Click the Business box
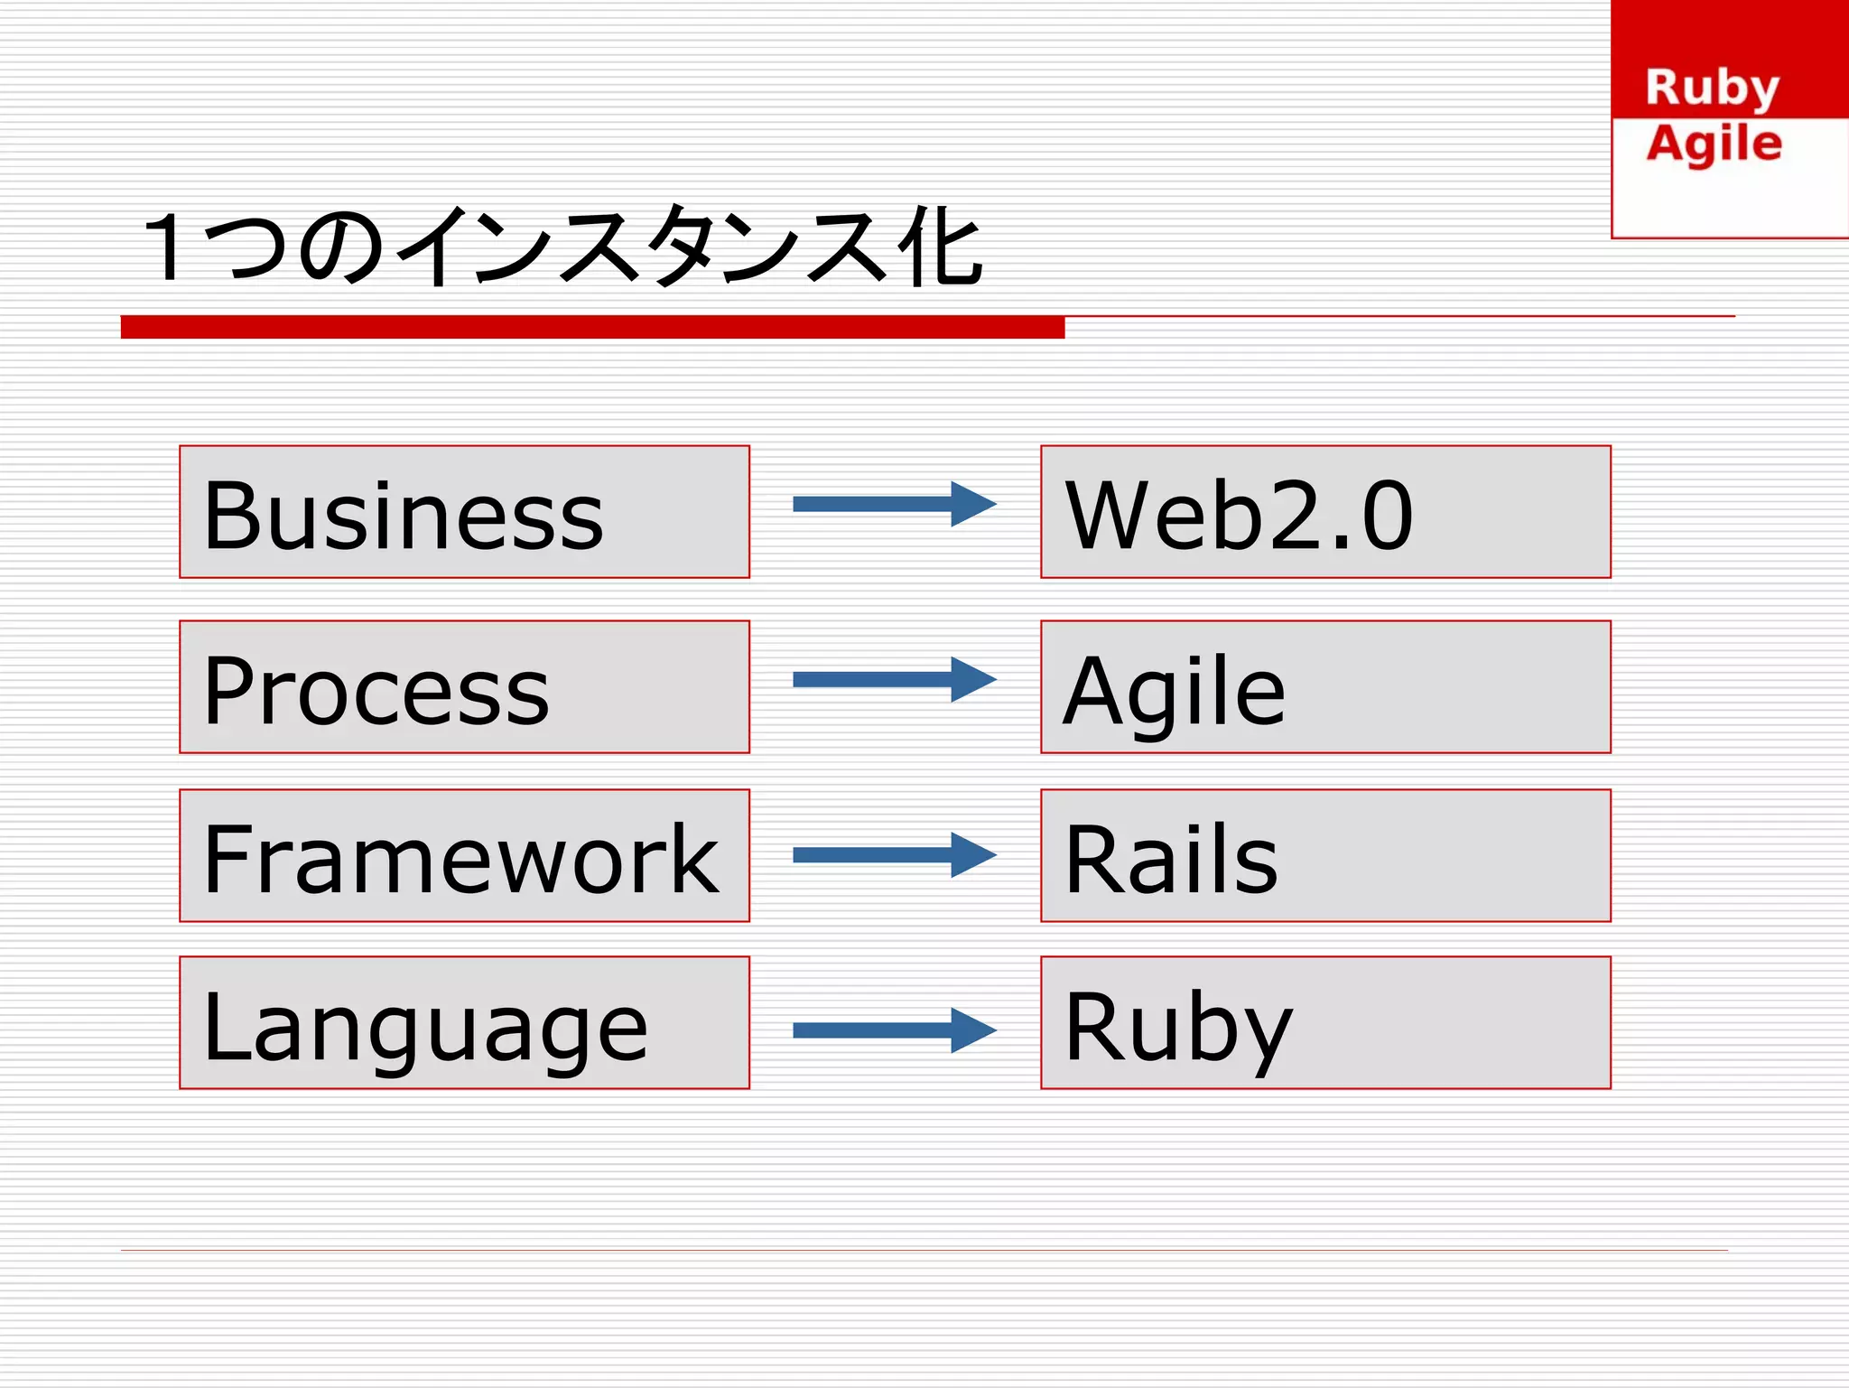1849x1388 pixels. (x=464, y=511)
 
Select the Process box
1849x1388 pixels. (x=464, y=686)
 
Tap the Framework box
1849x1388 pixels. (x=464, y=855)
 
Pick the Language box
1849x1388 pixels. (x=464, y=1022)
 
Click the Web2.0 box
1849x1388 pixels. (x=1325, y=511)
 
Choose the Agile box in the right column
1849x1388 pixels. (x=1325, y=686)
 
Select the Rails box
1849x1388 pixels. (x=1325, y=855)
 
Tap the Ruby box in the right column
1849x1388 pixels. (x=1325, y=1022)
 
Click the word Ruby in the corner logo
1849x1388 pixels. (x=1712, y=88)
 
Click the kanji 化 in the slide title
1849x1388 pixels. (x=940, y=246)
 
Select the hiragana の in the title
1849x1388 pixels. (x=341, y=247)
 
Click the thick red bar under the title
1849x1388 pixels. (x=592, y=327)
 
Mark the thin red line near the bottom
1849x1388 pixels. (x=924, y=1250)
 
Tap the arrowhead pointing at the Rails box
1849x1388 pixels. (x=973, y=855)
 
